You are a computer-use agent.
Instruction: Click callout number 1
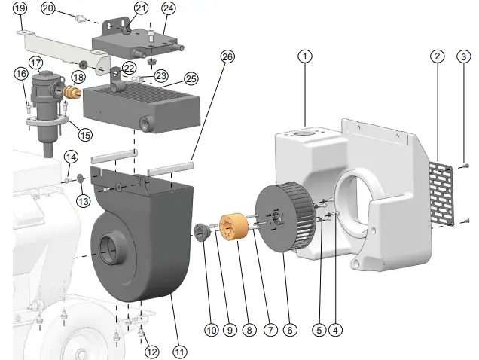(304, 56)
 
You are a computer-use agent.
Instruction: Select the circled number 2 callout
(438, 56)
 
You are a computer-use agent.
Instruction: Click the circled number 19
(20, 8)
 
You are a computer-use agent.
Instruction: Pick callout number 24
(168, 8)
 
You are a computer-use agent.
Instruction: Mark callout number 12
(152, 351)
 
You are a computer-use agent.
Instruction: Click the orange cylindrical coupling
(233, 227)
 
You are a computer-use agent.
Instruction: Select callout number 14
(70, 157)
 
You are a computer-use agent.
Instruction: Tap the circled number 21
(141, 8)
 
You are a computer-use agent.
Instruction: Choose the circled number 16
(20, 73)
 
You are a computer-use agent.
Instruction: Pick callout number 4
(337, 329)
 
